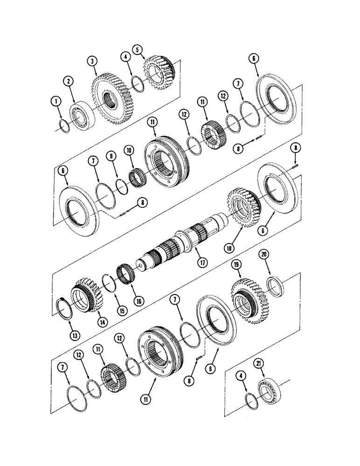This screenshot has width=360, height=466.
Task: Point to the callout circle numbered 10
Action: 128,151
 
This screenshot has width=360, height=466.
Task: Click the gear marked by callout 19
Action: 248,297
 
